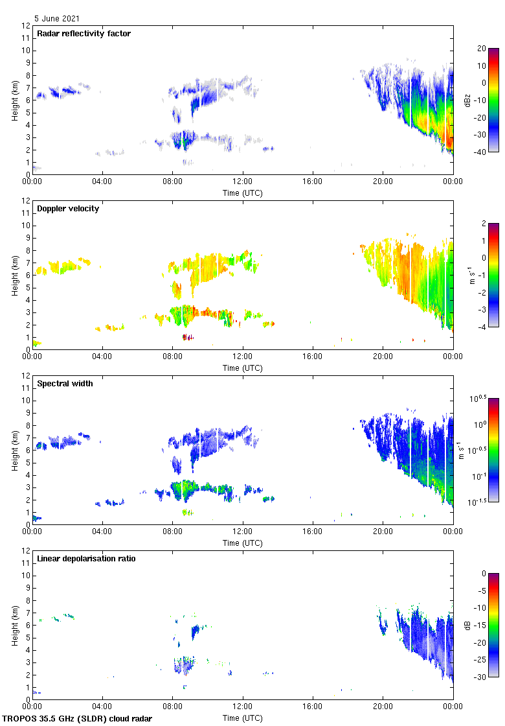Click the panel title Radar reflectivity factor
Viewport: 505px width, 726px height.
point(84,34)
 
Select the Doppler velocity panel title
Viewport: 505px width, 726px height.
point(68,209)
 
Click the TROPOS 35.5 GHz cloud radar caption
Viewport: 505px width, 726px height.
point(78,719)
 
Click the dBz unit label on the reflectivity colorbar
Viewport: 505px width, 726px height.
point(467,100)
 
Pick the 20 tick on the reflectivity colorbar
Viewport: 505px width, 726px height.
point(482,48)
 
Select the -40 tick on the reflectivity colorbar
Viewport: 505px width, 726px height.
point(480,152)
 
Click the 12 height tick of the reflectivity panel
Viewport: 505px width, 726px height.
point(26,26)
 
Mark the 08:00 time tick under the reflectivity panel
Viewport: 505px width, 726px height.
point(173,181)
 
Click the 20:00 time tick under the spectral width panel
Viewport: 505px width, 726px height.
point(383,532)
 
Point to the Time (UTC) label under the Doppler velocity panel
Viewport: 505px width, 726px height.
point(243,368)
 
